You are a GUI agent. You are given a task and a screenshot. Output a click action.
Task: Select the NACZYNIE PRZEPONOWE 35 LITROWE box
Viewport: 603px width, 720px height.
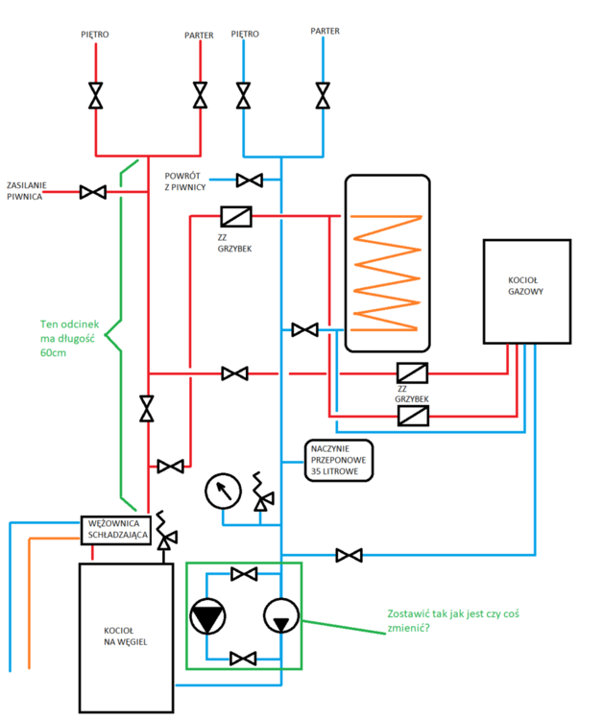tap(339, 459)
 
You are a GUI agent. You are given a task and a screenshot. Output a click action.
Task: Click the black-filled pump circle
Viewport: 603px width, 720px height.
tap(207, 617)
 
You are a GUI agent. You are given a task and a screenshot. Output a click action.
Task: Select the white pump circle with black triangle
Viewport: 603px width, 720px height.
tap(280, 617)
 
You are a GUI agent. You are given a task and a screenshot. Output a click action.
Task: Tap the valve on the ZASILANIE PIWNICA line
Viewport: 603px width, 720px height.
tap(93, 192)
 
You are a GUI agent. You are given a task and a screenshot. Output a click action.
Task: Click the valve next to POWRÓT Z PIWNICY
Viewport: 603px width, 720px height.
tap(250, 180)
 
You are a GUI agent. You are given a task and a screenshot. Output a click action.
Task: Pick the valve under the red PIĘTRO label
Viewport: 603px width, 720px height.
tap(96, 96)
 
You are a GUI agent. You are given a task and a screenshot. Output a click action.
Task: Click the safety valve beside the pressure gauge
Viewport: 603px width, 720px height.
tap(259, 493)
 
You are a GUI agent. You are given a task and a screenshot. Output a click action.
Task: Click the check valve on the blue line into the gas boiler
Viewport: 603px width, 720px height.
tap(414, 416)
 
